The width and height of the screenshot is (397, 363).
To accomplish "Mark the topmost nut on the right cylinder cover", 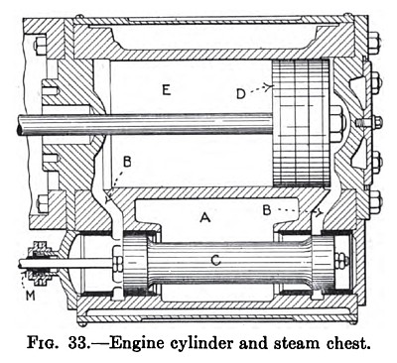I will click(x=375, y=45).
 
